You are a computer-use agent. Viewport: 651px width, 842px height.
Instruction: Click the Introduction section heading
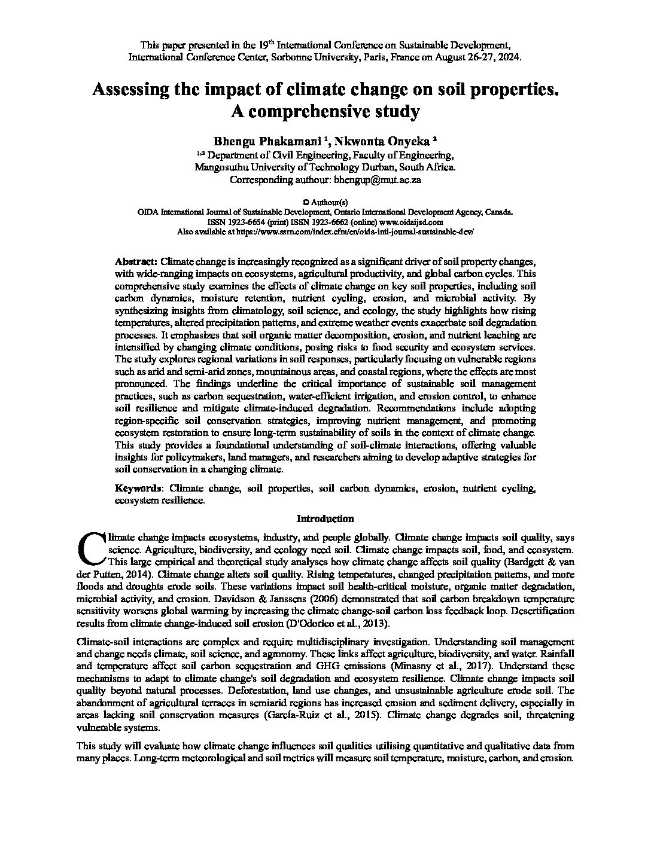325,518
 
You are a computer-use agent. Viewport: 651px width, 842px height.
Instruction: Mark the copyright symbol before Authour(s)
307,202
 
